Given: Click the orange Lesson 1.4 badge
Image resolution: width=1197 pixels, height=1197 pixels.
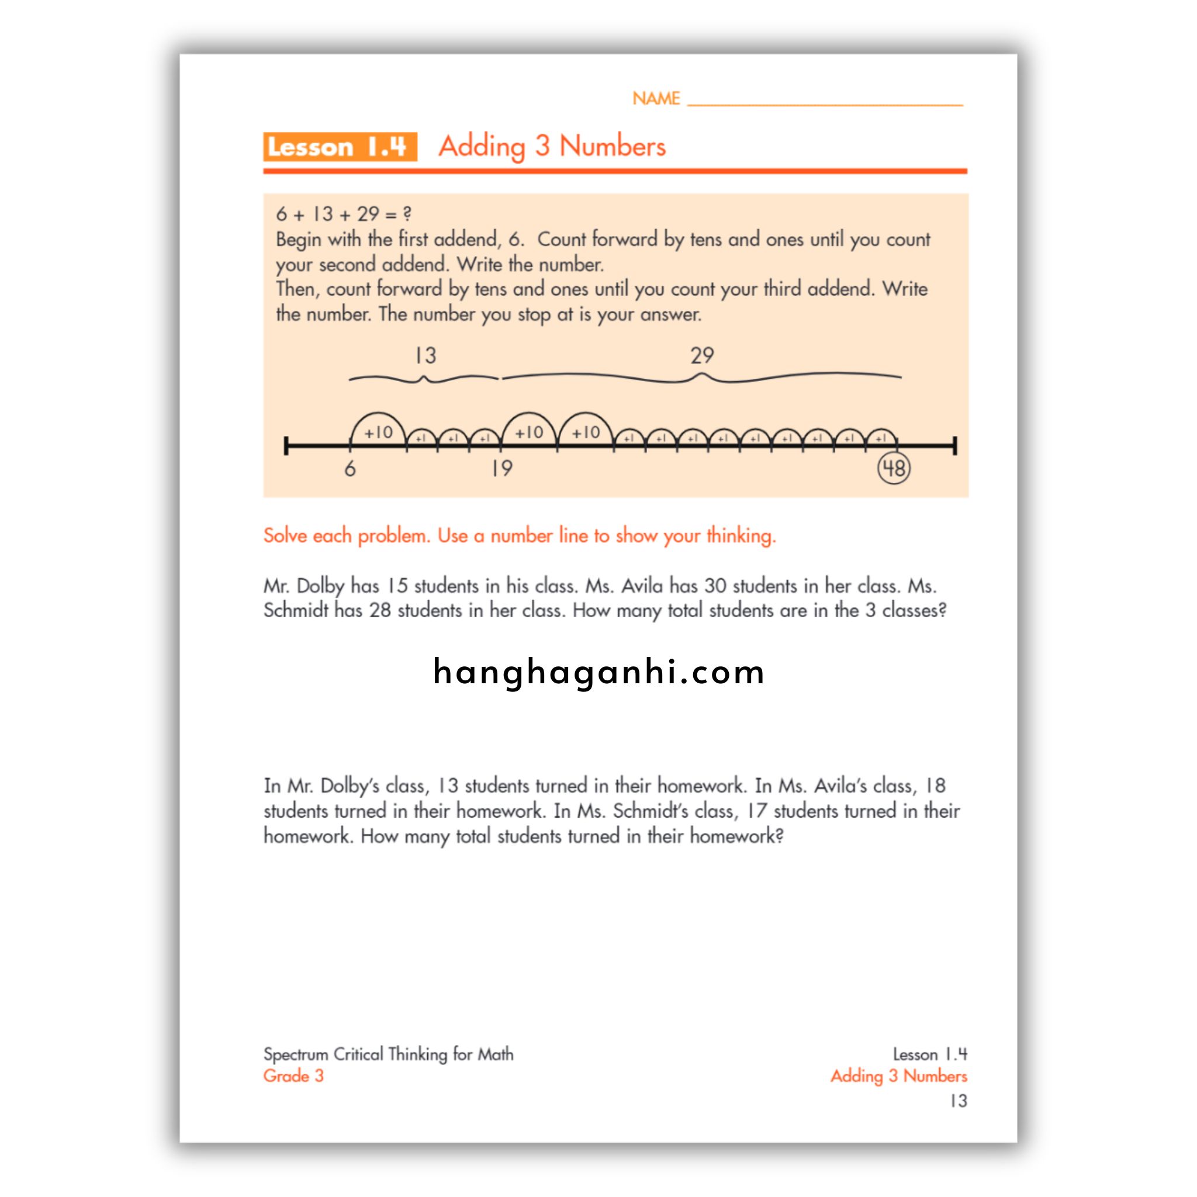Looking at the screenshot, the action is point(340,147).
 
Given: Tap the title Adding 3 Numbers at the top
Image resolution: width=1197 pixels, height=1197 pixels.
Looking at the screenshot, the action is point(552,147).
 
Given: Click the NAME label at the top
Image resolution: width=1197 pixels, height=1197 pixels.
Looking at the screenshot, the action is point(656,99).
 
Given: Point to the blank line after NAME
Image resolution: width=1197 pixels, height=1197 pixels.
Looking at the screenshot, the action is point(825,103).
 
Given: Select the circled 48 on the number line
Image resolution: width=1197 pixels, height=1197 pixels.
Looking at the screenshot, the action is point(894,468).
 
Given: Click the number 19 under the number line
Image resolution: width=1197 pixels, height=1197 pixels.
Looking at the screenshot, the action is point(502,468).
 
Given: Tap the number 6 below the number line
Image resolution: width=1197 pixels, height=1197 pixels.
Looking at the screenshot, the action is point(350,469).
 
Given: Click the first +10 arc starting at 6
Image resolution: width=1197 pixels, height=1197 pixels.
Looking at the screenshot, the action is point(378,427).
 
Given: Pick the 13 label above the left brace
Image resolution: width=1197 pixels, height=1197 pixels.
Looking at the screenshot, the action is point(425,355).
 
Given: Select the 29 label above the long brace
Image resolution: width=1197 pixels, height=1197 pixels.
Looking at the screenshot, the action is point(702,355).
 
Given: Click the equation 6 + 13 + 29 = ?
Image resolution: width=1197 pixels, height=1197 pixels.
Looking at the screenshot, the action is point(344,215).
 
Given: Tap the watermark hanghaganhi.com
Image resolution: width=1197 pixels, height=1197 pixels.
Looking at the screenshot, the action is point(598,673).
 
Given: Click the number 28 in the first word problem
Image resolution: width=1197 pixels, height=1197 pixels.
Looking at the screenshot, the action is point(380,610).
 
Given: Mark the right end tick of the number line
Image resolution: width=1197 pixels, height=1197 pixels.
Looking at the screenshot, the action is point(955,445).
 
